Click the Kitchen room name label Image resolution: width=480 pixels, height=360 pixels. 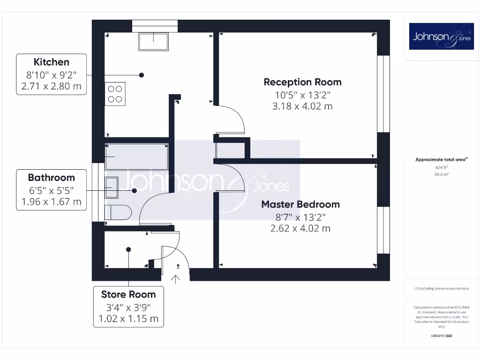52,62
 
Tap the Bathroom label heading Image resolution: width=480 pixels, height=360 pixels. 52,178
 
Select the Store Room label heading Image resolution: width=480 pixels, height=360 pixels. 128,294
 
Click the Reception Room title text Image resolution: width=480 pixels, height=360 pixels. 302,82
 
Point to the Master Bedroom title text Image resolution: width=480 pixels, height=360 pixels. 300,204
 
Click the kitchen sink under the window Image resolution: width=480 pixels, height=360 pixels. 153,42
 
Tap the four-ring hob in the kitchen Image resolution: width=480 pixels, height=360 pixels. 115,93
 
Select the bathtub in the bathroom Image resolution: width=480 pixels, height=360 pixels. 136,157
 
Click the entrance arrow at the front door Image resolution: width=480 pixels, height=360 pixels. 176,279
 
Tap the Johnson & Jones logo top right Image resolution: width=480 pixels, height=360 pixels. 441,37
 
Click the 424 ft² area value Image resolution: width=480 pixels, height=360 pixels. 442,167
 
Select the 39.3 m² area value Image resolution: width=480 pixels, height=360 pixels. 442,174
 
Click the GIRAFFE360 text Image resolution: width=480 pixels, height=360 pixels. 442,336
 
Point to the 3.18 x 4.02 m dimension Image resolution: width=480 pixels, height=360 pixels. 302,106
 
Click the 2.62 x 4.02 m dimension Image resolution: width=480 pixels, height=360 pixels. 300,228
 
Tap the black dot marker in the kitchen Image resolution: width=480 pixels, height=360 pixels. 141,75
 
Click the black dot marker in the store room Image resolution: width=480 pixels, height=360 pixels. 128,250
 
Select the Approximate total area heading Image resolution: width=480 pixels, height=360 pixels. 441,159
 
